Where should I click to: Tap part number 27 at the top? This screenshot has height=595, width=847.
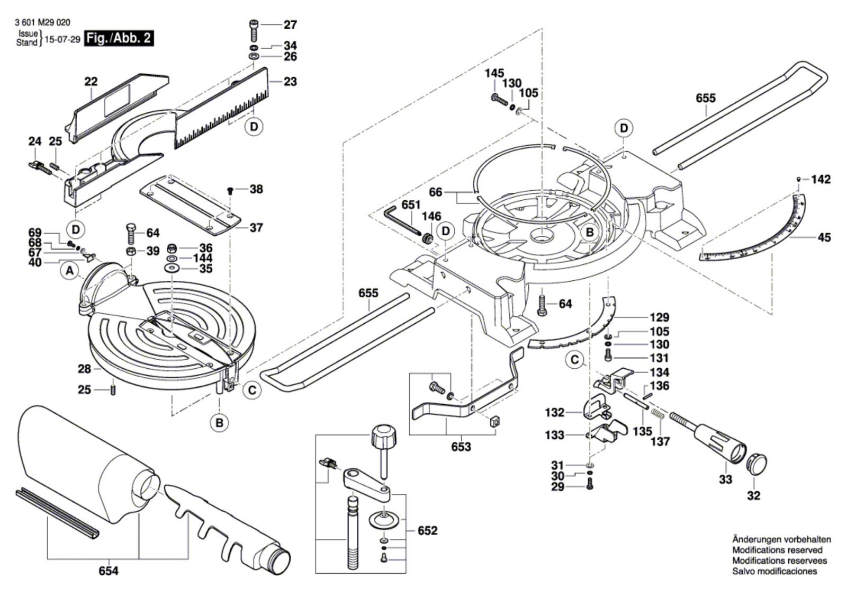(x=290, y=25)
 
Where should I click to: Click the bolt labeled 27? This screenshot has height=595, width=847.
(x=254, y=30)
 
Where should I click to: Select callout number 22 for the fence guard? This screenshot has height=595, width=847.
(x=91, y=82)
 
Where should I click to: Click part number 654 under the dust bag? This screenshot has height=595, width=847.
(x=109, y=571)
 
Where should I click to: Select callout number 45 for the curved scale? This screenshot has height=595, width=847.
(x=824, y=237)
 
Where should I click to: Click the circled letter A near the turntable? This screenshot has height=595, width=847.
(x=69, y=271)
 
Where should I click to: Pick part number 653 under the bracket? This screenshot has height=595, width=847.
(x=461, y=447)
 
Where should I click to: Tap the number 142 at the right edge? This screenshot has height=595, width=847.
(x=821, y=180)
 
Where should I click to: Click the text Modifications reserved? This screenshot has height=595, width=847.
(x=777, y=550)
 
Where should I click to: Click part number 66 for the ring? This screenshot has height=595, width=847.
(x=435, y=192)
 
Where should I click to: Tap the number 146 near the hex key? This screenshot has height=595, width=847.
(x=431, y=216)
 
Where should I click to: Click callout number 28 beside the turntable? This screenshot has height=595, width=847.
(x=85, y=369)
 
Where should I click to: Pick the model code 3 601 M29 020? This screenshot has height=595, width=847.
(x=43, y=23)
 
